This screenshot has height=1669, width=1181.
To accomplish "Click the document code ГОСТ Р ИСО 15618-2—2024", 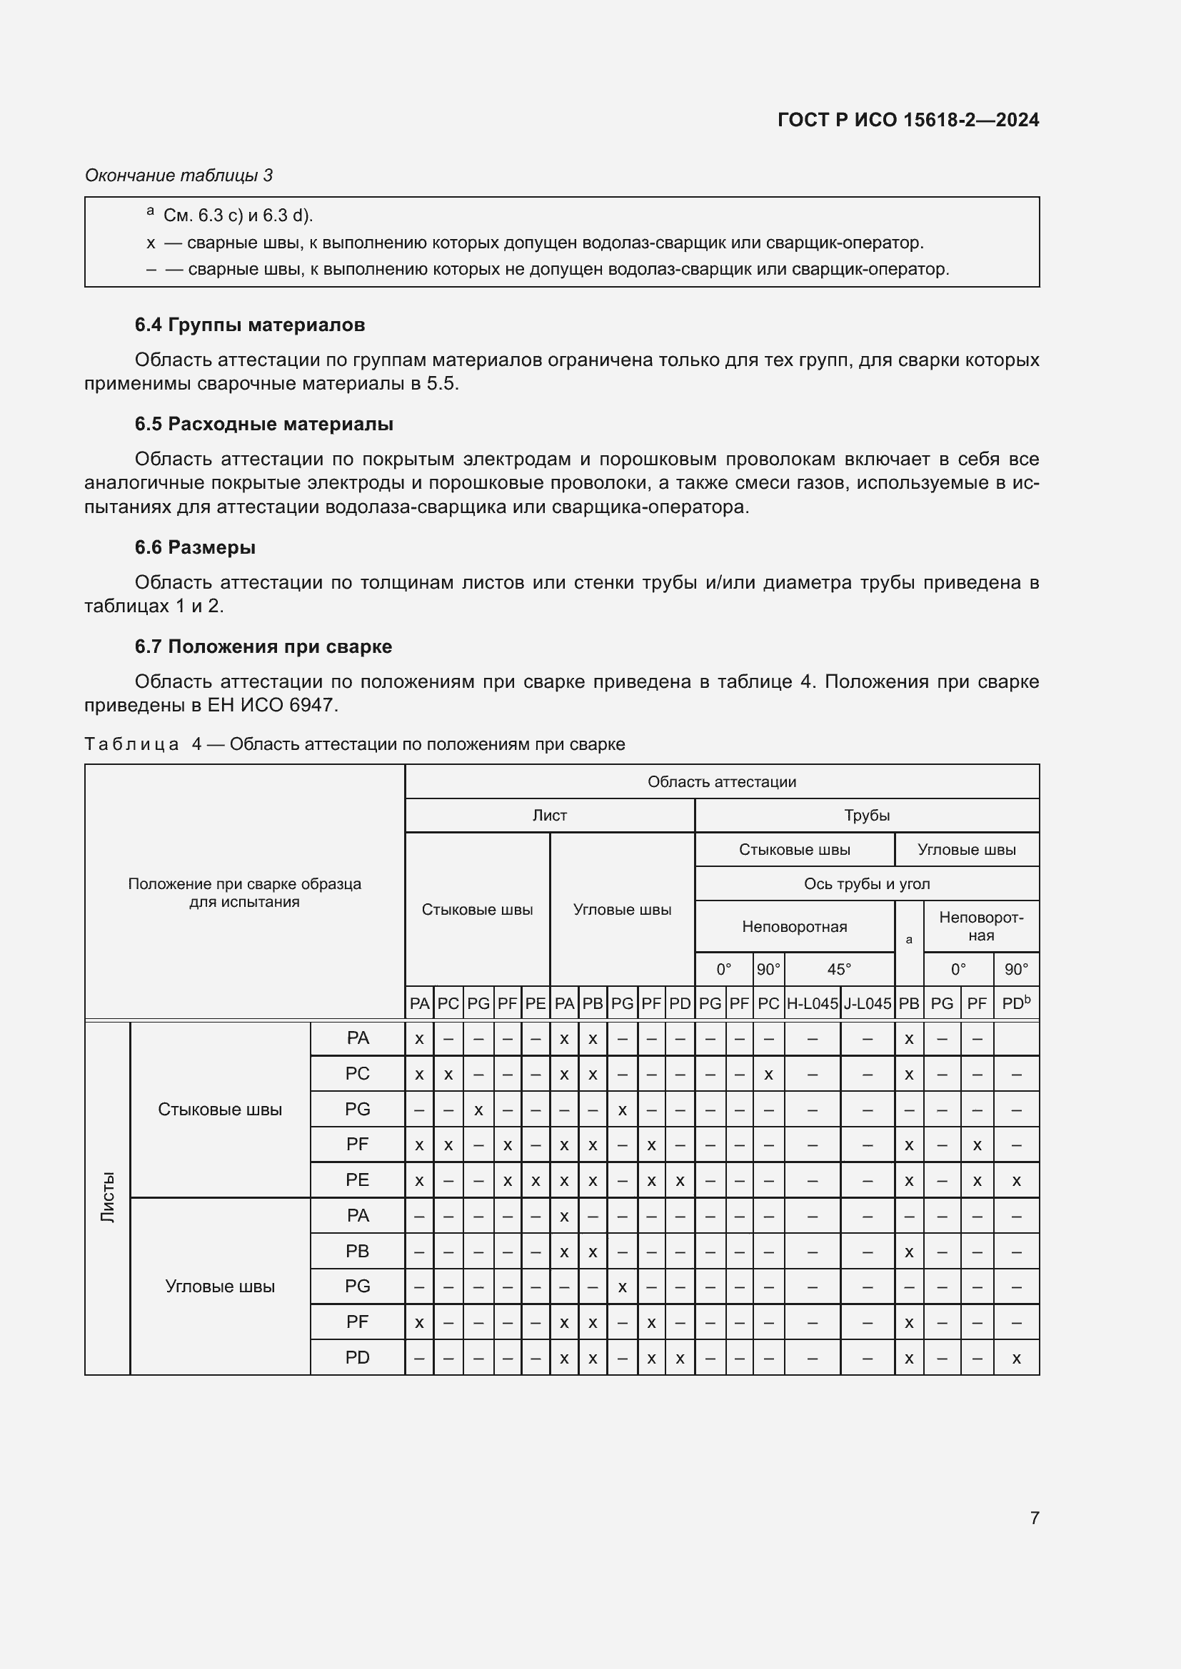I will (x=908, y=120).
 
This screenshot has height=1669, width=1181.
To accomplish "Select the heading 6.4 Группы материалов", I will (x=249, y=325).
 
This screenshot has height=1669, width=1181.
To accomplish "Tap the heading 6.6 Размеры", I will (x=195, y=547).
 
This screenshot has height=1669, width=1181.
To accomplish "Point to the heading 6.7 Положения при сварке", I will (x=263, y=646).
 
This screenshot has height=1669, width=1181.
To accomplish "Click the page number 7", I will (x=1034, y=1518).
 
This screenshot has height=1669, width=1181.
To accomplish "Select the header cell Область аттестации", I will (x=721, y=781).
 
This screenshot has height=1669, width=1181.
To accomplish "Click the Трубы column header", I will (x=867, y=815).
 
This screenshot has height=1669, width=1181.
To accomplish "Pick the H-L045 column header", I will (x=813, y=1003).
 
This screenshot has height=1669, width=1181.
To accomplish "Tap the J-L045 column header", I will (x=867, y=1003).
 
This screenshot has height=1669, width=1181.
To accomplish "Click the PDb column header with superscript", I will (x=1016, y=1003).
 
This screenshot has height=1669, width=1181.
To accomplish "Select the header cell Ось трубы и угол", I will (x=867, y=884).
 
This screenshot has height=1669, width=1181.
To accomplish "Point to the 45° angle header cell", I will (x=838, y=969).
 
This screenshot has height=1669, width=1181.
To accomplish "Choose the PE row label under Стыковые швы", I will (x=357, y=1180).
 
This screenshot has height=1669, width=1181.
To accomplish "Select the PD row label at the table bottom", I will (x=357, y=1357).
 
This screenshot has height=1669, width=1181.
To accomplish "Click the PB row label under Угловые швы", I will (x=357, y=1251).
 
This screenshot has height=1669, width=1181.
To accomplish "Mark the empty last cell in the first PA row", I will (x=1016, y=1039).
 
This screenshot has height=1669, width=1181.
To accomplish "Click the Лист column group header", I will (x=549, y=815).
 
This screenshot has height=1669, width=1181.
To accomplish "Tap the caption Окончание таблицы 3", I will (x=179, y=176).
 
